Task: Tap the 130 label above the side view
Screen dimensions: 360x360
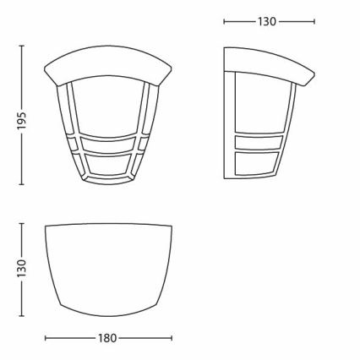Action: (x=267, y=21)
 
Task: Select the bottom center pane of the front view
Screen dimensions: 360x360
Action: (x=107, y=168)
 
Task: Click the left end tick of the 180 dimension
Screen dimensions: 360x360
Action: (x=44, y=338)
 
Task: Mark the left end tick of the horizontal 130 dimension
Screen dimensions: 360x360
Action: (x=225, y=21)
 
